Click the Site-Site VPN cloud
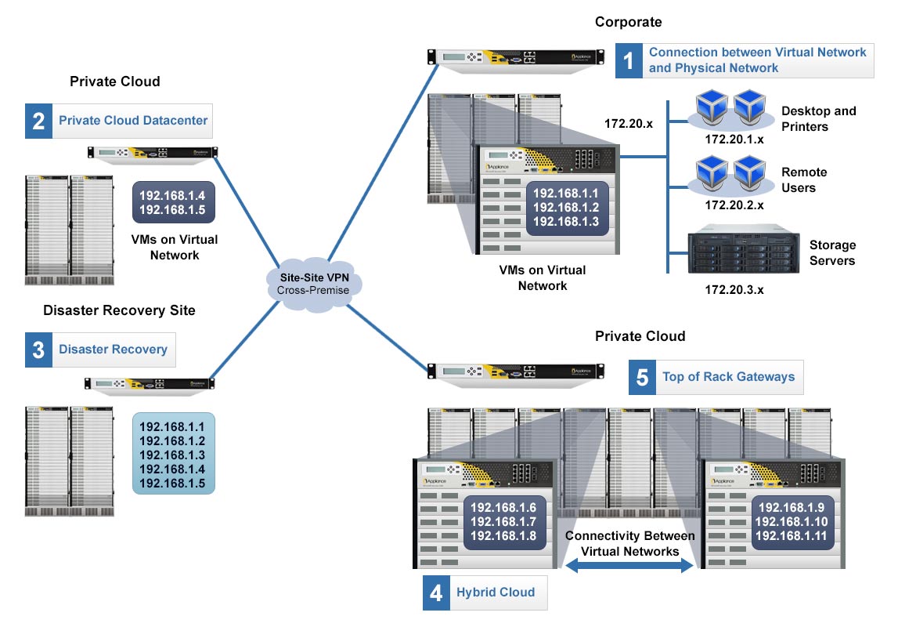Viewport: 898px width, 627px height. coord(313,284)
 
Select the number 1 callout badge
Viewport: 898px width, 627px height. coord(628,60)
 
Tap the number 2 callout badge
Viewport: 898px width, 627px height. coord(38,121)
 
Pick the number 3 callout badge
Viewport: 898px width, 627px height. coord(38,350)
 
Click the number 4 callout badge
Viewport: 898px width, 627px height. coord(436,593)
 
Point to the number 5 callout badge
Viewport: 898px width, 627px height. coord(642,377)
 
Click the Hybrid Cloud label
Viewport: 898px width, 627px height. coord(496,593)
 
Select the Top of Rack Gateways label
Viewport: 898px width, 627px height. coord(728,377)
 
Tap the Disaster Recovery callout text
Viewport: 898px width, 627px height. coord(113,350)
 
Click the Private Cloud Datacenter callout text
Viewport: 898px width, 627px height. coord(133,121)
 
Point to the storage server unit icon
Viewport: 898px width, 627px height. coord(743,252)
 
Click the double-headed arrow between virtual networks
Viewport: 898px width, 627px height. coord(629,566)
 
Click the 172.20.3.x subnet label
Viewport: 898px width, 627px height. coord(734,289)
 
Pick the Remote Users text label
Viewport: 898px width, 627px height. coord(803,180)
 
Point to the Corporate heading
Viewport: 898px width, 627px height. coord(628,22)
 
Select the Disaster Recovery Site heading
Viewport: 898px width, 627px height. coord(119,310)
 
